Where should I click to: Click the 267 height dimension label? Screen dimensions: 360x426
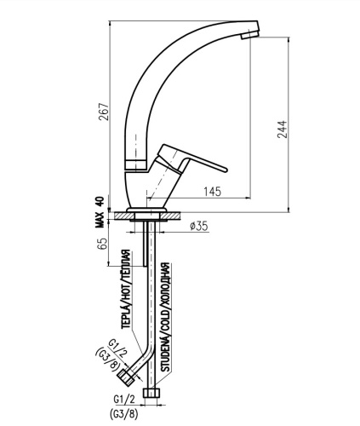click(104, 112)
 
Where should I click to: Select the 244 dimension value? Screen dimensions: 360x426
click(283, 130)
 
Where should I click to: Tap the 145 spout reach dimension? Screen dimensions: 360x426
click(212, 192)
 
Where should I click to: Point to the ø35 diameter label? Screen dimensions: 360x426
click(199, 226)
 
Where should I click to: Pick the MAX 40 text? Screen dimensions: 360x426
click(100, 212)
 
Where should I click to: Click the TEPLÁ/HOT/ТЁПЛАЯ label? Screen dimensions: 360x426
click(126, 289)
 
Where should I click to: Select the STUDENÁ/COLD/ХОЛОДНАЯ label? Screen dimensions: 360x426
click(165, 317)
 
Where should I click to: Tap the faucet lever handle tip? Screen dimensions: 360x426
click(226, 170)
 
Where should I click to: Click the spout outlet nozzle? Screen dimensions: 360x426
click(250, 35)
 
